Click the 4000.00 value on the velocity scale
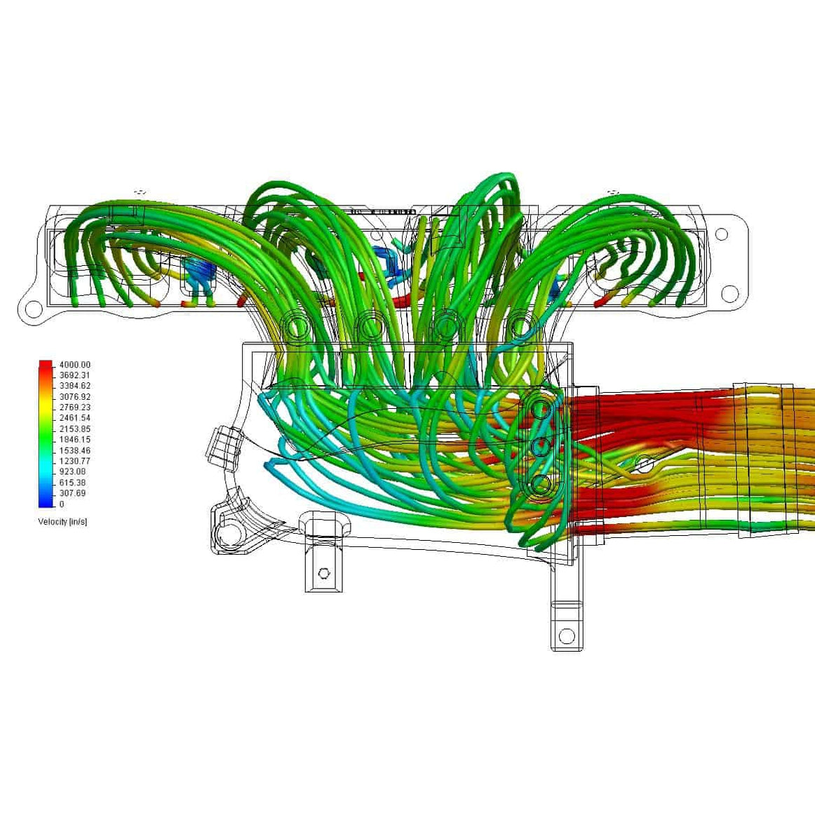click(x=74, y=365)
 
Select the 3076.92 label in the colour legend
click(x=74, y=397)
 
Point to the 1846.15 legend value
click(x=74, y=440)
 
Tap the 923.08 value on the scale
click(x=72, y=472)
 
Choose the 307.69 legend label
click(x=72, y=493)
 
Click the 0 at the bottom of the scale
click(x=62, y=504)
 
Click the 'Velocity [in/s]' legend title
click(x=62, y=522)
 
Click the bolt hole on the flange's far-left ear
click(x=32, y=308)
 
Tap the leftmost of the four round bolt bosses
click(x=297, y=327)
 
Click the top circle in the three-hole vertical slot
click(x=541, y=408)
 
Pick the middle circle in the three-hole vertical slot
click(x=541, y=446)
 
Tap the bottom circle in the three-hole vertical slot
click(x=541, y=484)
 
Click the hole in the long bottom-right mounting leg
click(x=566, y=636)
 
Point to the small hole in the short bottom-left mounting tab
click(x=323, y=573)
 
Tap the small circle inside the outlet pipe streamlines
click(x=645, y=464)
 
